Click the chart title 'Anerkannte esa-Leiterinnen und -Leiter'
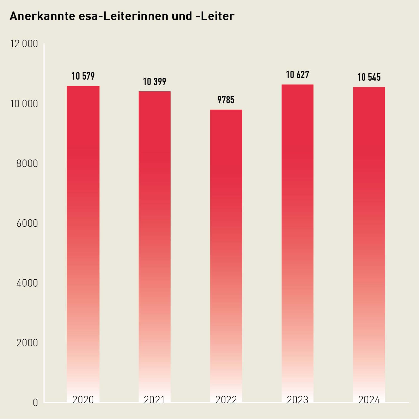tap(122, 16)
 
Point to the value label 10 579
tap(83, 76)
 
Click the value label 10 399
tap(154, 82)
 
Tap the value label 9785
tap(226, 100)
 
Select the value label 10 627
tap(297, 75)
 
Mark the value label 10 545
tap(369, 77)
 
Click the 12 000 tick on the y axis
tap(24, 44)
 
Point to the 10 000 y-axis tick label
tap(24, 104)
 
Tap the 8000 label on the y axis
tap(27, 163)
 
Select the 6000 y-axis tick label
tap(27, 223)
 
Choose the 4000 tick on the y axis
tap(27, 283)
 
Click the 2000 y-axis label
tap(27, 343)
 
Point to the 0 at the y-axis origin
tap(35, 403)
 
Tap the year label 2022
tap(226, 400)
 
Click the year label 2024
tap(369, 400)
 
